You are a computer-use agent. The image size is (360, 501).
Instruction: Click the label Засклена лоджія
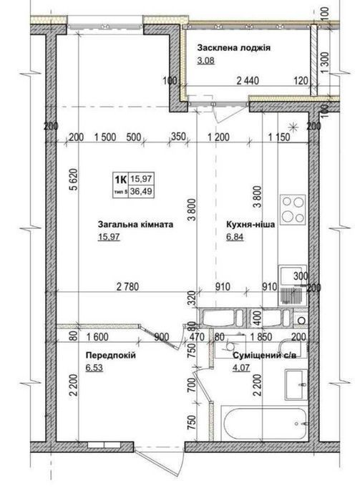tap(234, 48)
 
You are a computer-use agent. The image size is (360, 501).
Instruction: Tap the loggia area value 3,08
tap(205, 60)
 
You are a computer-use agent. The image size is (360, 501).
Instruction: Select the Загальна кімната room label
tap(135, 224)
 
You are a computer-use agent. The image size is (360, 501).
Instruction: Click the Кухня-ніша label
tap(250, 224)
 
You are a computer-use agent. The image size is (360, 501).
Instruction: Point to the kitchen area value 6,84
tap(235, 237)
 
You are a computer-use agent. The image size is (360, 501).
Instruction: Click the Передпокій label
tap(111, 355)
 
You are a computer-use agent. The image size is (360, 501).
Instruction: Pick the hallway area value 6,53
tap(94, 368)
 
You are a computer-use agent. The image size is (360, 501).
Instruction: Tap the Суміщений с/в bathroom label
tap(265, 356)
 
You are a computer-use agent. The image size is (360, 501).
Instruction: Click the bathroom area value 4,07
tap(241, 368)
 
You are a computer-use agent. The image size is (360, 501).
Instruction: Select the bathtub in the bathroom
tap(264, 424)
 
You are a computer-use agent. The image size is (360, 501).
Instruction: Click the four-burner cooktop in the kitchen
tap(293, 210)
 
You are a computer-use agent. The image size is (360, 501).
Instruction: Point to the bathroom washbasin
tap(296, 384)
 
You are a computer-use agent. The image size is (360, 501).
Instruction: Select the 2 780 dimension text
tap(128, 286)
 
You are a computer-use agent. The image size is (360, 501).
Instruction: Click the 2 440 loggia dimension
tap(248, 80)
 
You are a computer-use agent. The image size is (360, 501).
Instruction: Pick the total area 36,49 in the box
tap(140, 191)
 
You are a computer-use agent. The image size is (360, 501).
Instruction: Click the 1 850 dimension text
tap(261, 336)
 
